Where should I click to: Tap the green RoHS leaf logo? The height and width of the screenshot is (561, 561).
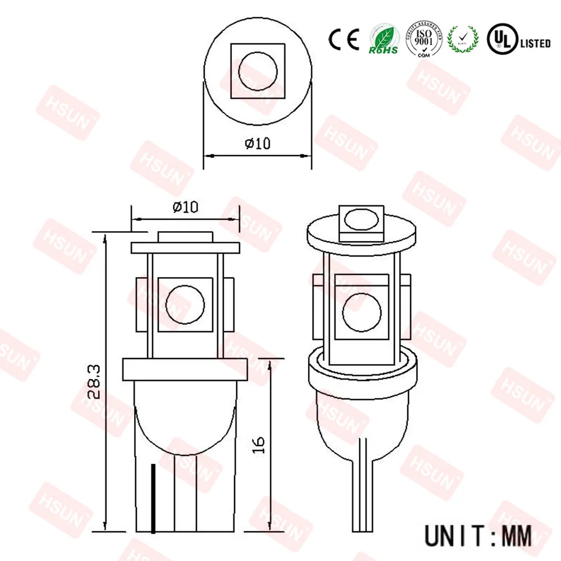pos(383,38)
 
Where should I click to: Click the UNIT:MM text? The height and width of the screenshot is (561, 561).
pos(477,534)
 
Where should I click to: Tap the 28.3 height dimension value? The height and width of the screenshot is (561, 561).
pos(94,381)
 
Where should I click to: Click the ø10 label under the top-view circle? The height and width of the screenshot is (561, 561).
pos(257,143)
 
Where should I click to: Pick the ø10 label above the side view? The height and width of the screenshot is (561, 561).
pos(185,207)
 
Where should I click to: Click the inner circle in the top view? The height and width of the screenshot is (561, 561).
pos(257,73)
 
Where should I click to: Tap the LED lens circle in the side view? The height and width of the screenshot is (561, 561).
pos(186,305)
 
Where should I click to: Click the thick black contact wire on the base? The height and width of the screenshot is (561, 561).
pos(153,498)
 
